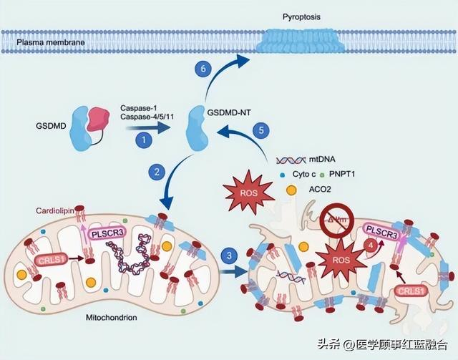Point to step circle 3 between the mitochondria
[228, 256]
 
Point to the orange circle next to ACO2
[292, 190]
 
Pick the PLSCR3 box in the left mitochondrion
[106, 232]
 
